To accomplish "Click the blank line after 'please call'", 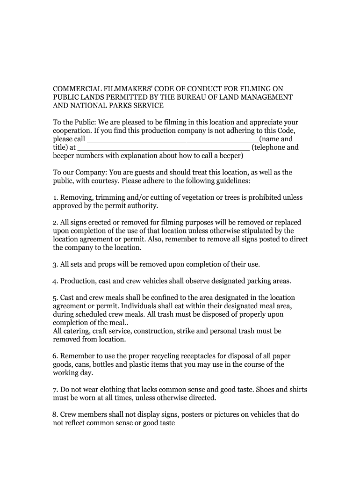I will (x=173, y=139).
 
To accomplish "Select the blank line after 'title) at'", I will (x=164, y=148).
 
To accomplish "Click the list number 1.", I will (x=54, y=198).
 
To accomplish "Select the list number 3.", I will (x=54, y=265).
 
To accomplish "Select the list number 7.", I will (x=54, y=390).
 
